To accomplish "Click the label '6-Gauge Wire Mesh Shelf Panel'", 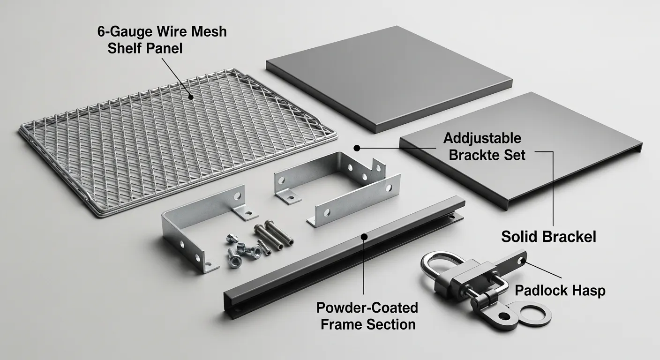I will click(162, 40).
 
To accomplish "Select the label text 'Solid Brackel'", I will click(548, 237).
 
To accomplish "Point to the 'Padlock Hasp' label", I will click(560, 291).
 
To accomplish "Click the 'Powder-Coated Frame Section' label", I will click(367, 316).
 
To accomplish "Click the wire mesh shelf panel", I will click(178, 141).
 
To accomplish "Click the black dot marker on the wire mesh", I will click(191, 97).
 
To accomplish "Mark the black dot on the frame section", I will click(364, 237).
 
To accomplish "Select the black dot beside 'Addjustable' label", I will click(357, 148).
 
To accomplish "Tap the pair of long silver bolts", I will click(274, 237).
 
